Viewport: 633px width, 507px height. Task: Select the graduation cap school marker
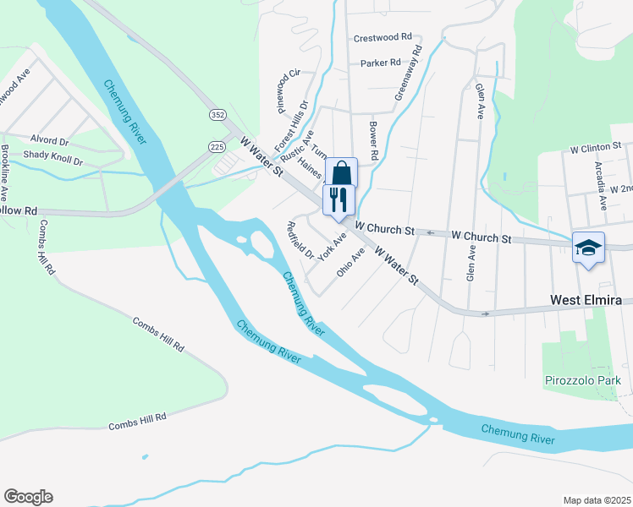588,248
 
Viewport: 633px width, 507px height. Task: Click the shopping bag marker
340,173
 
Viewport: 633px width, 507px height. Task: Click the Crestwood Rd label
383,37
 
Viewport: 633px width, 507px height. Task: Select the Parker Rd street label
379,63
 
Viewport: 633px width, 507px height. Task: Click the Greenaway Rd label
408,75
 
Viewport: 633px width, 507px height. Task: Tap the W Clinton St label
596,147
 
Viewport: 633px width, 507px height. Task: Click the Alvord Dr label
49,140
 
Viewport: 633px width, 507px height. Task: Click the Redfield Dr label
300,240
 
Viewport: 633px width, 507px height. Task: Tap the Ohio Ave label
350,262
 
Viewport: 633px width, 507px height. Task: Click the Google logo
28,497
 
